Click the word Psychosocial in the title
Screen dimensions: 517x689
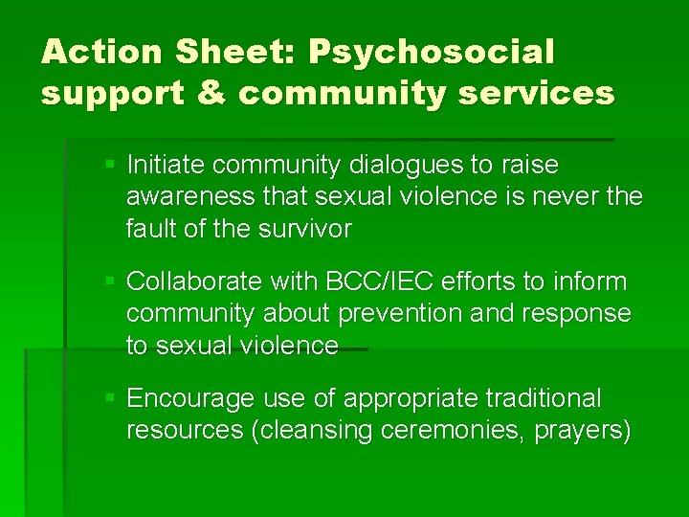[431, 52]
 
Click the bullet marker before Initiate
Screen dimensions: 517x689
[111, 165]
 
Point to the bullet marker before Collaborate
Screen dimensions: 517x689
[111, 281]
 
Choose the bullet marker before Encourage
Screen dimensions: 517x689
[111, 397]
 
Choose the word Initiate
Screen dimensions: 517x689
[167, 166]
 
